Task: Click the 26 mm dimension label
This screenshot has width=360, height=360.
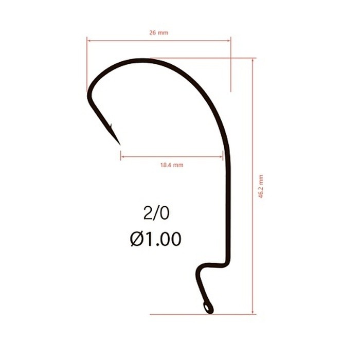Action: (158, 32)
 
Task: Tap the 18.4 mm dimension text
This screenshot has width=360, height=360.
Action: (172, 165)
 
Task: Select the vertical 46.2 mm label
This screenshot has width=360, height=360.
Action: (261, 186)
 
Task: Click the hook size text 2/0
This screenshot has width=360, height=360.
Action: (156, 213)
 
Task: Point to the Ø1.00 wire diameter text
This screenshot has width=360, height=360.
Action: (156, 239)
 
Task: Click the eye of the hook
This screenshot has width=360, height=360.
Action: (208, 308)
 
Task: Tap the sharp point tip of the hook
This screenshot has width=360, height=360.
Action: (120, 145)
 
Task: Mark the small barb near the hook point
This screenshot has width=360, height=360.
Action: (111, 126)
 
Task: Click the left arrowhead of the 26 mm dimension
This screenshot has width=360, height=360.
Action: (88, 41)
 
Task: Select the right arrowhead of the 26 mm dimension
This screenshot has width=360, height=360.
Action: (229, 41)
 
